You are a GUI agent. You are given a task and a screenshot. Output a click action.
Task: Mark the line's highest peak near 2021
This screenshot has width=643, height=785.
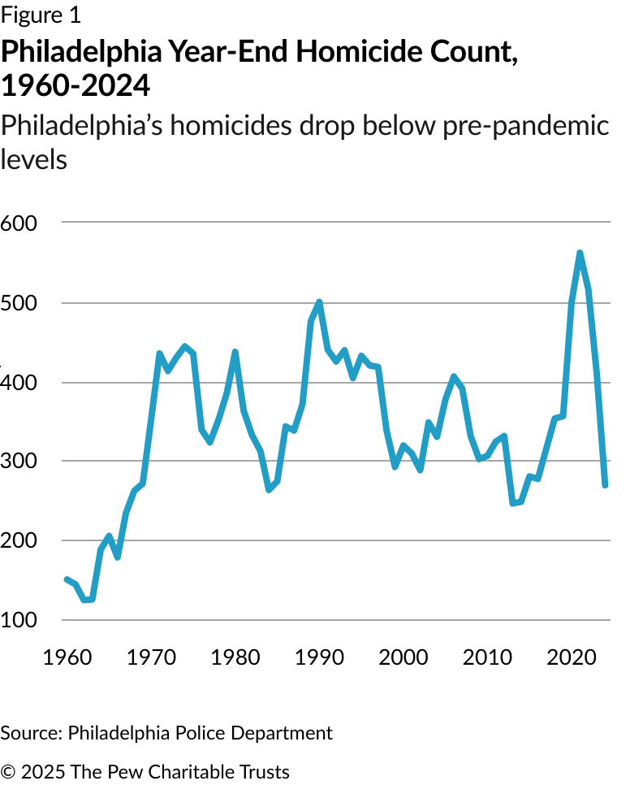(x=580, y=254)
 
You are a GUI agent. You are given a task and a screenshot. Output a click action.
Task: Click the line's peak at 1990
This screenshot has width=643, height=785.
(x=319, y=302)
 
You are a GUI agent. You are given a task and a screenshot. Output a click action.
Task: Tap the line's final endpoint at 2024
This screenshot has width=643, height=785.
(x=605, y=485)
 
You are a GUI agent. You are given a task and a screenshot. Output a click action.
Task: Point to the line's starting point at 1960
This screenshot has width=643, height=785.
(x=66, y=579)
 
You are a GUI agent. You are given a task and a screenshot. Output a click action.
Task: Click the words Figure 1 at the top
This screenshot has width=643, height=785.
(x=41, y=15)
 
